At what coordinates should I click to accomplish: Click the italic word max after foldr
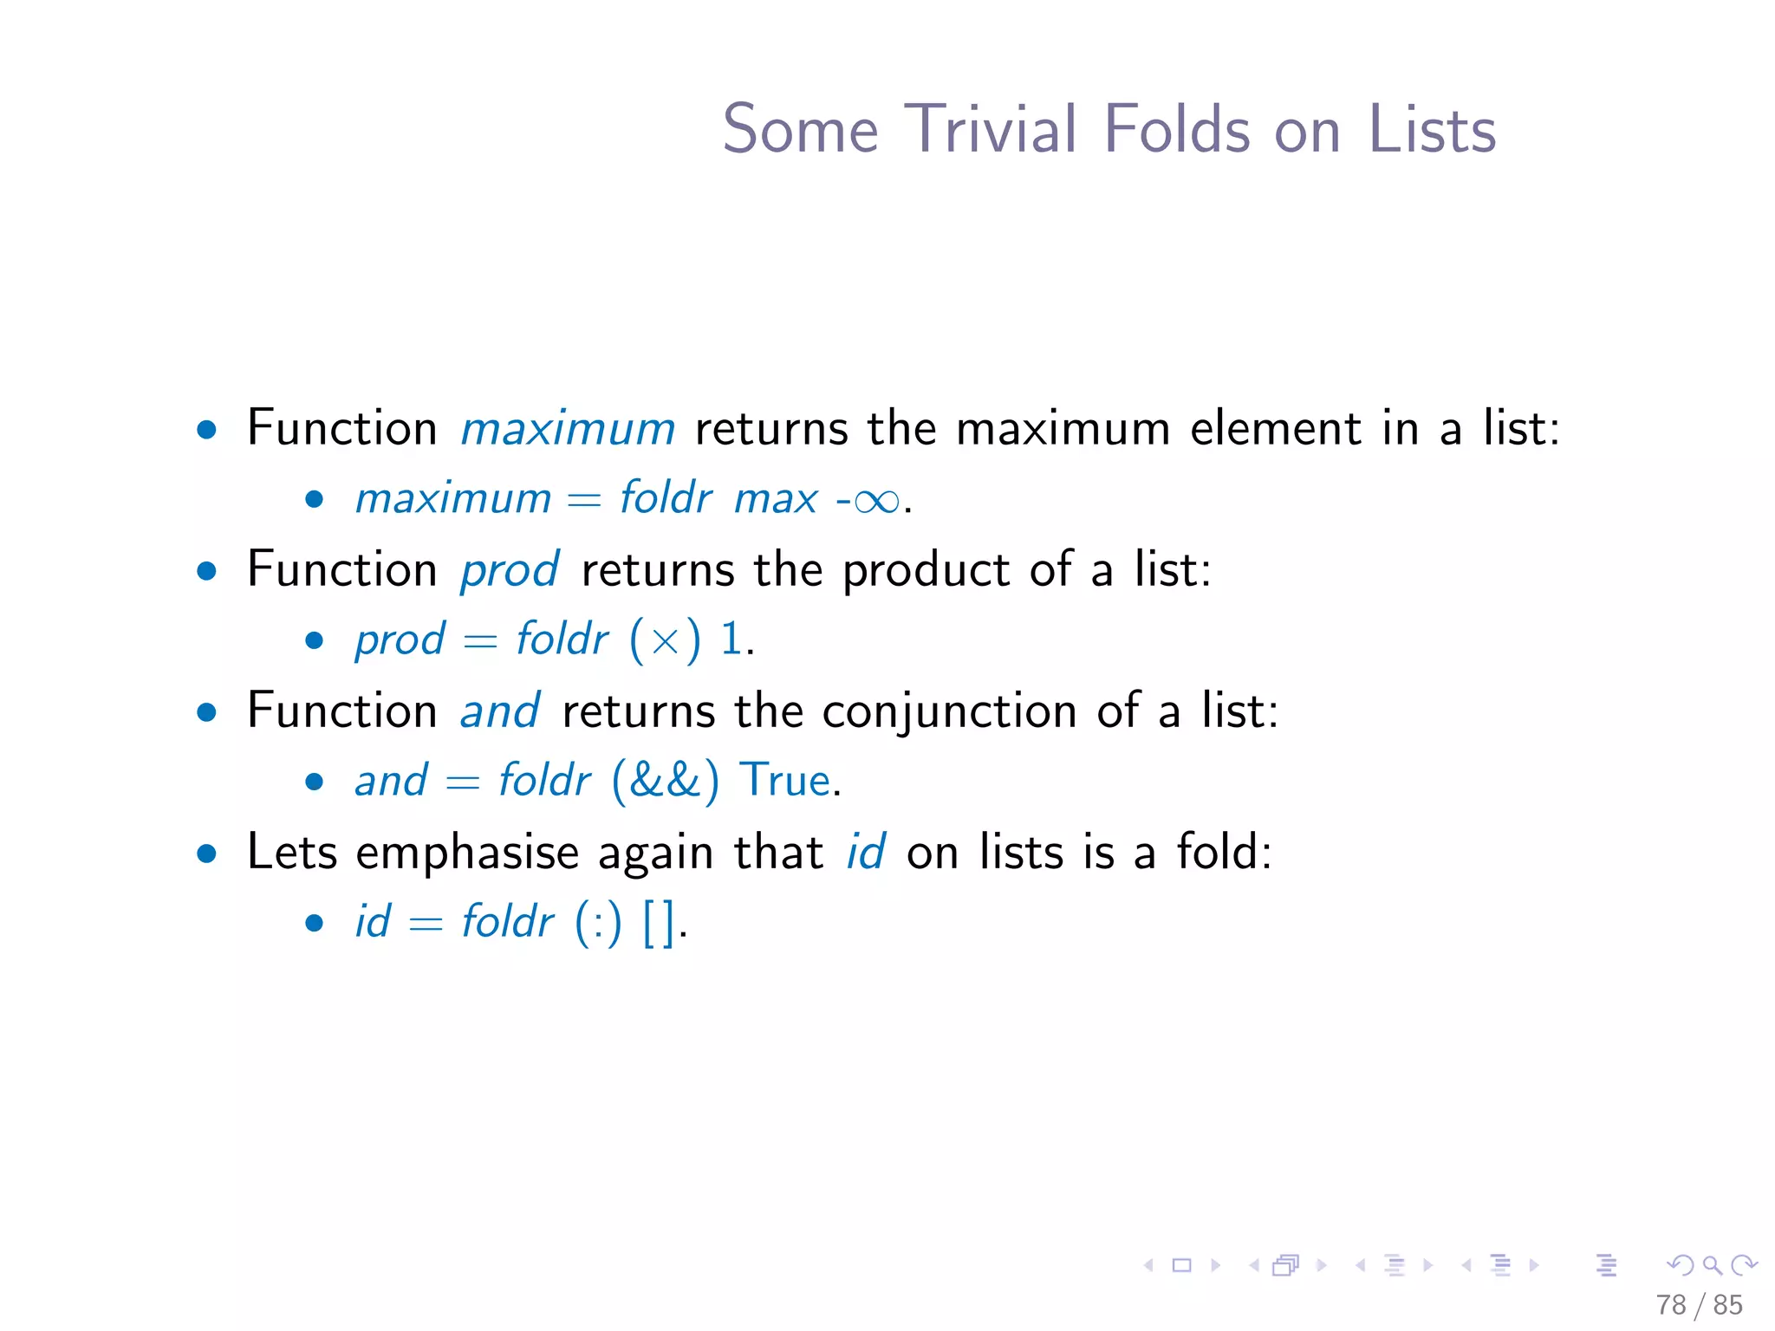point(776,499)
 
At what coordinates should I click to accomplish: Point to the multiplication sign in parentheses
point(665,641)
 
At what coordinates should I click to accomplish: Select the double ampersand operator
point(665,780)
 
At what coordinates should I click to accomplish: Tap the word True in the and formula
point(784,780)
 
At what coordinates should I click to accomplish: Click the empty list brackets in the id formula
point(659,922)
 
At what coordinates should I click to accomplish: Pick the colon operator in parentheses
point(598,924)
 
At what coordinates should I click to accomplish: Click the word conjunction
point(949,712)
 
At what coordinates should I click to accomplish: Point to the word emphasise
point(466,854)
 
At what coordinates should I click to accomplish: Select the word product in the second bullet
point(926,572)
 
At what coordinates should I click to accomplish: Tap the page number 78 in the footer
point(1671,1305)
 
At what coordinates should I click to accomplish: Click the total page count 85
point(1727,1305)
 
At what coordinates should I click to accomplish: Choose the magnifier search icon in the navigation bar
point(1713,1266)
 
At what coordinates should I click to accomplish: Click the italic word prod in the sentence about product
point(510,572)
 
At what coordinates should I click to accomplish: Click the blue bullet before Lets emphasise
point(206,854)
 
